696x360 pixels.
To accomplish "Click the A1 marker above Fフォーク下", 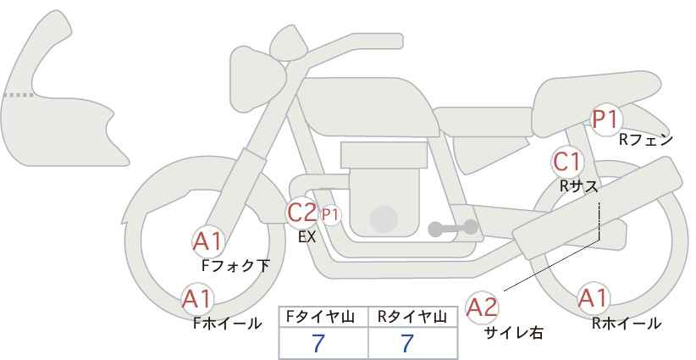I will click(x=207, y=241).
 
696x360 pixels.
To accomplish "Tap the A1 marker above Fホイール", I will click(x=198, y=298).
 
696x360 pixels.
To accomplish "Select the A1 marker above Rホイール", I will click(x=593, y=298).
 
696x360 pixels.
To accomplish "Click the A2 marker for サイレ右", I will click(x=483, y=307).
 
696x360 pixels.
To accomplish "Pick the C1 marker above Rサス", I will click(x=567, y=161).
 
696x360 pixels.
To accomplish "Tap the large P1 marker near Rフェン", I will click(x=606, y=120).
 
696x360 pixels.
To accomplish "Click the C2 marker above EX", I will click(x=302, y=212).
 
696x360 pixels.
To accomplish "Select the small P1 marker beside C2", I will click(x=330, y=214).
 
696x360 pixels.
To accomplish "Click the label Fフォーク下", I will click(x=235, y=265).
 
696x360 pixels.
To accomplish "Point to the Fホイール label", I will click(x=227, y=323).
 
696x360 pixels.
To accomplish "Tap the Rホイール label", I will click(x=627, y=323).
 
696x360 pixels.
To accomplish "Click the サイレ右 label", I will click(x=513, y=333).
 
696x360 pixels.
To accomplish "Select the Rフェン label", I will click(x=645, y=140).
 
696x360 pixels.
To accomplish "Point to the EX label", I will click(x=307, y=237).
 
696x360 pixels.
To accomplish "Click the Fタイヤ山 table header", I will click(x=322, y=317).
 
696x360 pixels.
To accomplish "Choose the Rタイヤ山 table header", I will click(x=412, y=317).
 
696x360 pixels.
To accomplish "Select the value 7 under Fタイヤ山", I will click(x=319, y=343).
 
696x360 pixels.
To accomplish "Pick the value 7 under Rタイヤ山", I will click(x=408, y=343).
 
